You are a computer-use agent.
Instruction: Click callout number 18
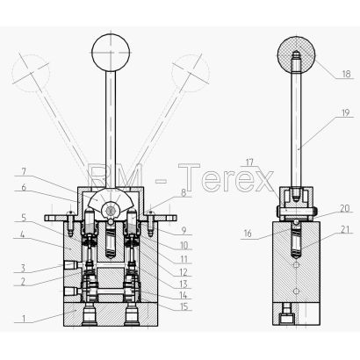(x=346, y=74)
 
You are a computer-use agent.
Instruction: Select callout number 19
(x=346, y=112)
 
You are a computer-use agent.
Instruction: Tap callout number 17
(x=249, y=162)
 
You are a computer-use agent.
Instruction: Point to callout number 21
(x=345, y=230)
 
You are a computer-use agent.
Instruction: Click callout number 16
(x=248, y=234)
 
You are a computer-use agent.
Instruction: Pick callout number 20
(x=345, y=208)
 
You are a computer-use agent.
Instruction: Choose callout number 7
(x=24, y=171)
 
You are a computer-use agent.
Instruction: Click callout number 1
(x=25, y=318)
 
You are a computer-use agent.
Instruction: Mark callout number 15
(x=184, y=306)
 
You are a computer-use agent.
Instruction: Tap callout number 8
(x=184, y=193)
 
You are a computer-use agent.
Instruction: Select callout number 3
(x=23, y=268)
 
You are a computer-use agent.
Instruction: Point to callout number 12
(x=184, y=272)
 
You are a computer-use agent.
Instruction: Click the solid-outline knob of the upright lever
(x=111, y=53)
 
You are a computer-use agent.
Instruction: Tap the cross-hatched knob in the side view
(x=297, y=55)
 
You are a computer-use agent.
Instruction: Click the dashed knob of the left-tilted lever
(x=31, y=72)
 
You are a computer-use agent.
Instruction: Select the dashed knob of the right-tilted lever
(x=191, y=72)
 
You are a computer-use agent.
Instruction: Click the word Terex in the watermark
(x=226, y=177)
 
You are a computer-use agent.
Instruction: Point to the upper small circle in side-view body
(x=297, y=265)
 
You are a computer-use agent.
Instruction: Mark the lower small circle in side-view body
(x=297, y=292)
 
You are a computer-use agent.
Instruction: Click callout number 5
(x=24, y=218)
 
